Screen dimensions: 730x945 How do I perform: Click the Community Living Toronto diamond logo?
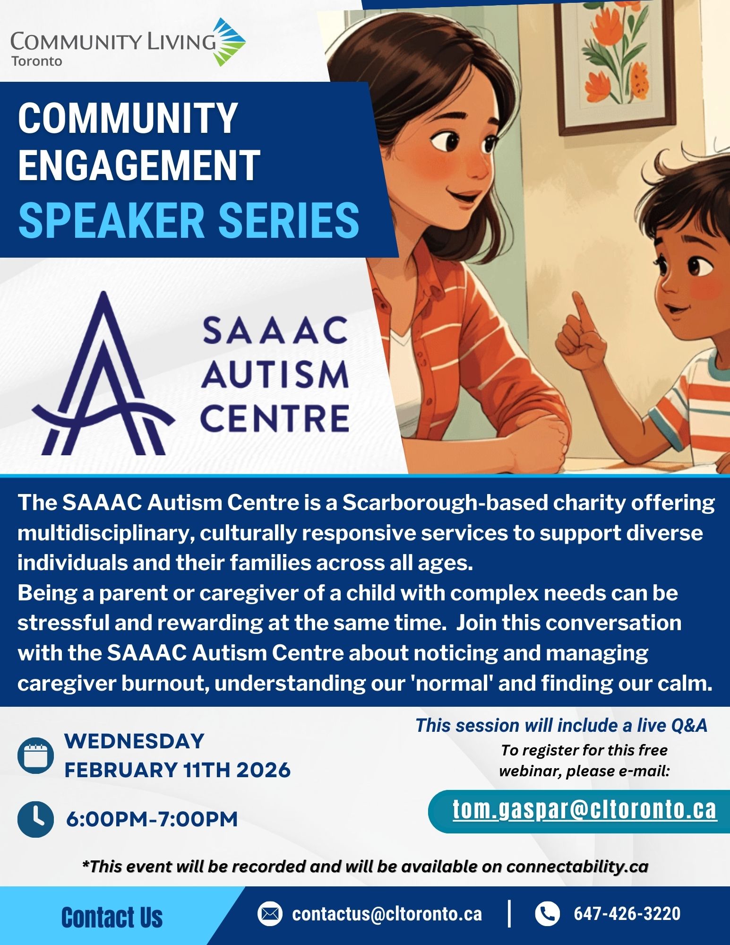click(x=228, y=42)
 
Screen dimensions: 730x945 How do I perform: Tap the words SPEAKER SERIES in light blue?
click(x=189, y=220)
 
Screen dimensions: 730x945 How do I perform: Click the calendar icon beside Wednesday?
click(x=35, y=755)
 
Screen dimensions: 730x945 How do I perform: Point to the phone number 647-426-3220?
click(x=627, y=913)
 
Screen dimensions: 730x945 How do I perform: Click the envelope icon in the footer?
click(x=270, y=913)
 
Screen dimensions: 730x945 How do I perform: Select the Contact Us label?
click(x=112, y=918)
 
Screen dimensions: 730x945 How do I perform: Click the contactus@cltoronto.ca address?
click(x=387, y=914)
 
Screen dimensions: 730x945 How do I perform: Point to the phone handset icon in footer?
click(x=547, y=913)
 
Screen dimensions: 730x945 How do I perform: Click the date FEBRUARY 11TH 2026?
click(x=177, y=770)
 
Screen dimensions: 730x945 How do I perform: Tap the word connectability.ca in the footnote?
click(x=577, y=867)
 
